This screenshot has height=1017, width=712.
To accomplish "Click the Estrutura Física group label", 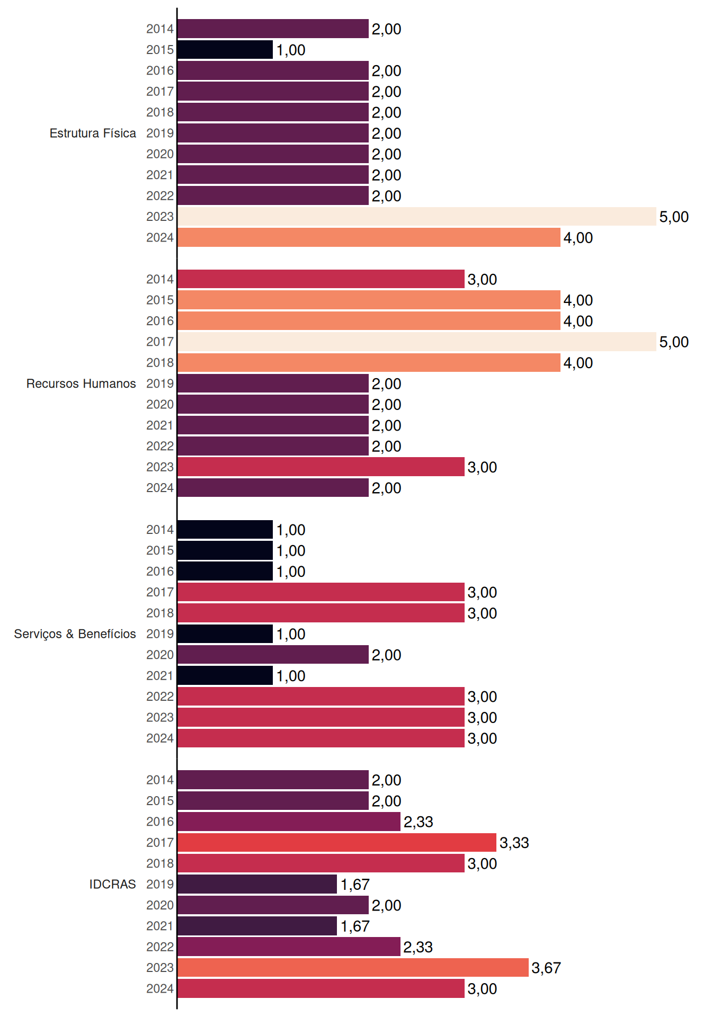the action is click(93, 133).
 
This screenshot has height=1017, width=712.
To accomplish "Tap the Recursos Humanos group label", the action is click(81, 383).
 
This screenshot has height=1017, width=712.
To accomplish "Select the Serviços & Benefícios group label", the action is click(75, 634).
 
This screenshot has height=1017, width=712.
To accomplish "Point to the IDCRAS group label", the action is click(112, 884).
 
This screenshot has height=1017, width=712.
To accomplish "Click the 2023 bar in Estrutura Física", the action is click(417, 217).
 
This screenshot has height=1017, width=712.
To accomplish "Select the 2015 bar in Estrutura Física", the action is click(225, 50).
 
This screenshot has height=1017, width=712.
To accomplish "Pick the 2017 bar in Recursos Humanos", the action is click(417, 342).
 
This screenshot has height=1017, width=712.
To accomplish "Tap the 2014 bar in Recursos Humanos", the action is click(321, 279).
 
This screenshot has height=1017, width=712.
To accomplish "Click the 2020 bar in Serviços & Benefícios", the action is click(273, 655).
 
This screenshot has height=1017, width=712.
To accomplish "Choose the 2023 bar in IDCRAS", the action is click(353, 968).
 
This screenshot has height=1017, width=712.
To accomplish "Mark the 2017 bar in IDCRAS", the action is click(337, 842).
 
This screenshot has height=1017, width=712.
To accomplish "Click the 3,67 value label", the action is click(546, 968).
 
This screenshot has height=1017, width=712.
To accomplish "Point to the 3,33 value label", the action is click(514, 843).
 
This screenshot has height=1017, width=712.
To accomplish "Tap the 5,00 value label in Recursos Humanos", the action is click(674, 342).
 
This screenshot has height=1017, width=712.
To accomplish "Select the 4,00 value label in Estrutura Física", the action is click(578, 238).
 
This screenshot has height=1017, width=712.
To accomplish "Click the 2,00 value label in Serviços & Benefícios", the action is click(386, 655).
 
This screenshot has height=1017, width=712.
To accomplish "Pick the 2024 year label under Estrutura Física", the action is click(160, 238).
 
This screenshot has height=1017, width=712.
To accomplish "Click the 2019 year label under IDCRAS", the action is click(160, 884).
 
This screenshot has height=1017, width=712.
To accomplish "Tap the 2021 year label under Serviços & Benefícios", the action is click(160, 676).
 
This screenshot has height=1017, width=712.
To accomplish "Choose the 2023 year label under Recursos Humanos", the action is click(160, 467).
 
